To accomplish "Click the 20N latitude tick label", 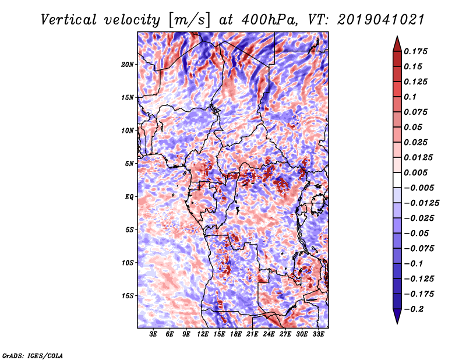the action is [128, 64].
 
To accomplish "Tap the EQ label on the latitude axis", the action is [129, 196].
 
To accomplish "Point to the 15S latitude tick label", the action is [128, 296].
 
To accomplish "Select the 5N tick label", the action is [129, 164].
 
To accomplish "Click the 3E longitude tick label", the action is [153, 334].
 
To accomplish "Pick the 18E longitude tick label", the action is [236, 334].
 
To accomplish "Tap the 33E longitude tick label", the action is [318, 334].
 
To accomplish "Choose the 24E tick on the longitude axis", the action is [269, 334].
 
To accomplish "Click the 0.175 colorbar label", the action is [415, 51].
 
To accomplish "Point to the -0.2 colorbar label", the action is [414, 309].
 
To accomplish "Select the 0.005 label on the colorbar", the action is [415, 172].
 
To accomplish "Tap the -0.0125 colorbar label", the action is [421, 203].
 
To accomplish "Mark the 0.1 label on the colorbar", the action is [410, 97].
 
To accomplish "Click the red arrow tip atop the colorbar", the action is [397, 37].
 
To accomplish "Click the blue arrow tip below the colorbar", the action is [397, 323].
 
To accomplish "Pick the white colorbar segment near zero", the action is [397, 180].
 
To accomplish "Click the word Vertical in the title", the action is [69, 20].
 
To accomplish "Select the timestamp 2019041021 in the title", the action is [381, 20].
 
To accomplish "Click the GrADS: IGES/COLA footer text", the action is [33, 355].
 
